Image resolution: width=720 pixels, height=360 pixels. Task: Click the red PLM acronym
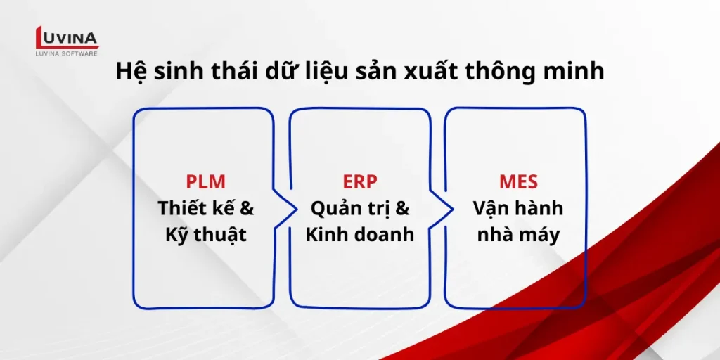(x=205, y=181)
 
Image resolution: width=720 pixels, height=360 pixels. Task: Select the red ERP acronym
(x=360, y=181)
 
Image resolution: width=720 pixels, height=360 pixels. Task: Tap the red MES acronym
(x=518, y=181)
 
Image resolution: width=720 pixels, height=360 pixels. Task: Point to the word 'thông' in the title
(x=500, y=72)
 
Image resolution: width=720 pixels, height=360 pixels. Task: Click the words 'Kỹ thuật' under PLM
(x=205, y=234)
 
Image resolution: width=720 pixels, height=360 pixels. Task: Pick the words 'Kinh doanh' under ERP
(x=360, y=234)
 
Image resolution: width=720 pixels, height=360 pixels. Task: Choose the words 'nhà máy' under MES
(x=518, y=234)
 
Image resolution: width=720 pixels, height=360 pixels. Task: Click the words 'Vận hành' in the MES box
(x=518, y=208)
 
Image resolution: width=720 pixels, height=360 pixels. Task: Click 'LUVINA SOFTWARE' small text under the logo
(x=67, y=53)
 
